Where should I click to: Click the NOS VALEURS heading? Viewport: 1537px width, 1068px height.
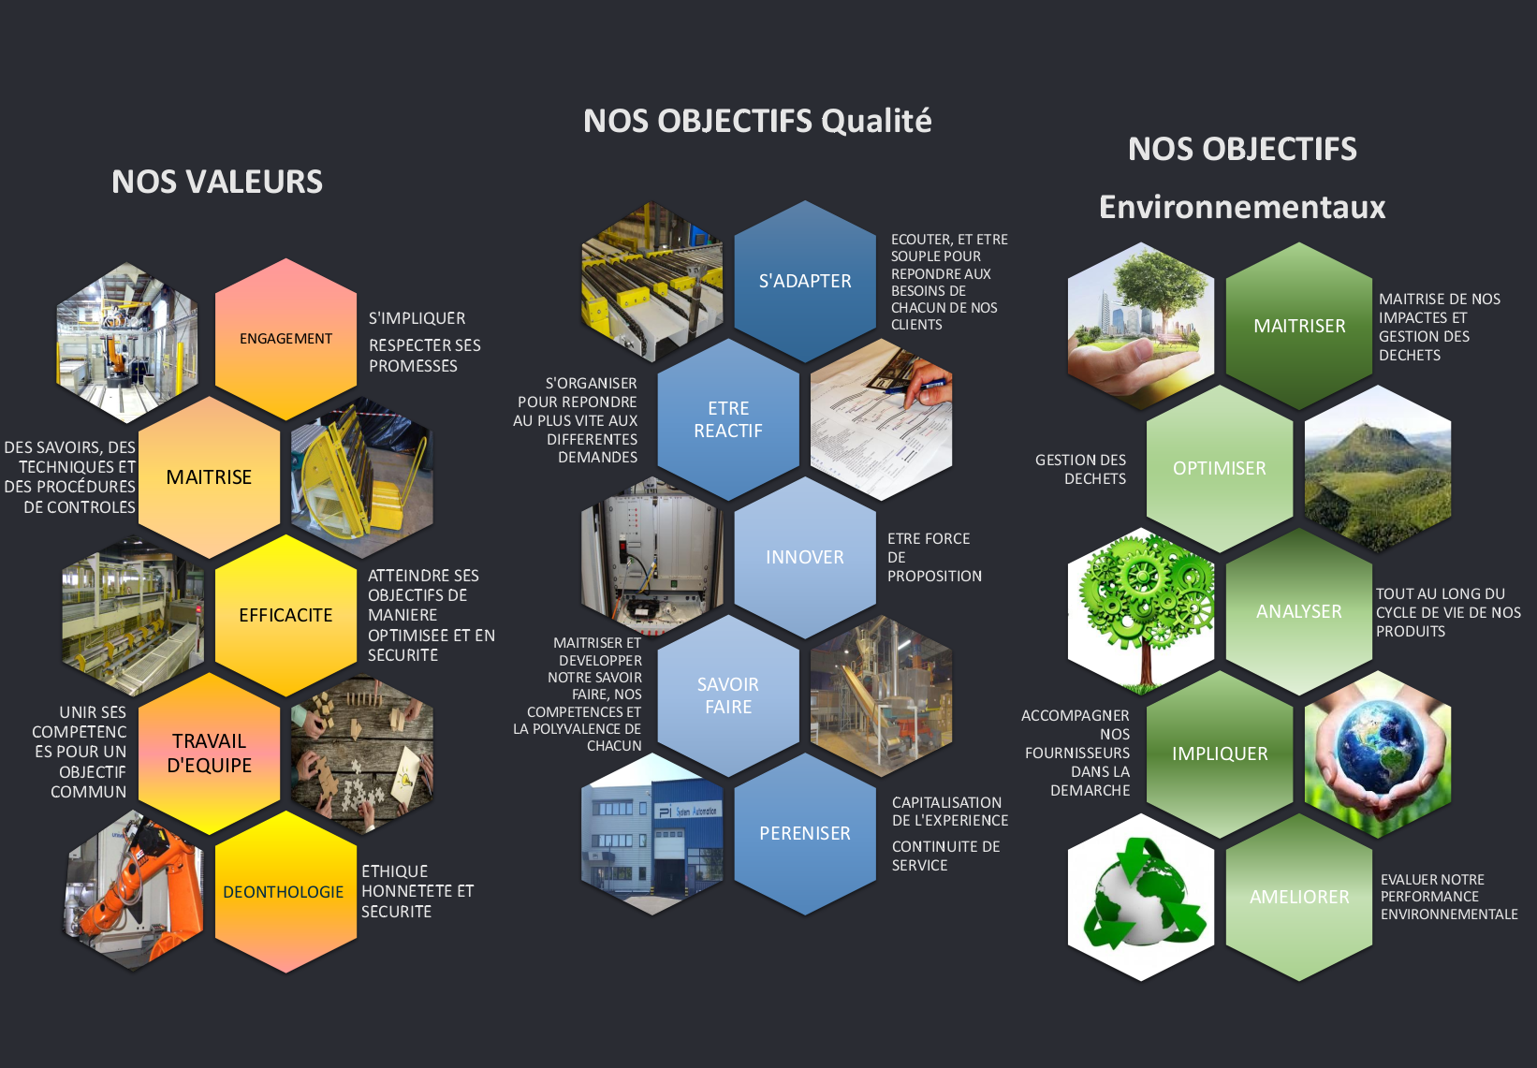click(217, 182)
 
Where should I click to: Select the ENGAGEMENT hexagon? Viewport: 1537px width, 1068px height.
click(286, 339)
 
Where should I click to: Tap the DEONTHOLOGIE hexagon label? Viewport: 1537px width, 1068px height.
click(284, 892)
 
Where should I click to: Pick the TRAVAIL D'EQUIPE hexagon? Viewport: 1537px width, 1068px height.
click(210, 753)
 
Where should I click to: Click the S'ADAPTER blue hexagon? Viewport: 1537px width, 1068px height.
click(805, 281)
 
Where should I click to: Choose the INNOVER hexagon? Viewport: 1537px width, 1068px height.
click(805, 557)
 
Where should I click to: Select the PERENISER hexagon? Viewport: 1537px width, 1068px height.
click(805, 833)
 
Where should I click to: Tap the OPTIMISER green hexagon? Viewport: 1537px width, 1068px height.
click(1220, 469)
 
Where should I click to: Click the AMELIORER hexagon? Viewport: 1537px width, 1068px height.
click(1299, 897)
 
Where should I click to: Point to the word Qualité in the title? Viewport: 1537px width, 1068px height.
click(876, 121)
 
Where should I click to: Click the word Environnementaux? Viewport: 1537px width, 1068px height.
click(1242, 207)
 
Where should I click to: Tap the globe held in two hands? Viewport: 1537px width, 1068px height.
click(1377, 753)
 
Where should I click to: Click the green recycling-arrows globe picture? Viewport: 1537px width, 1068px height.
click(1141, 898)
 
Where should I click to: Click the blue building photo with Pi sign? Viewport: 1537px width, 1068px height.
click(651, 834)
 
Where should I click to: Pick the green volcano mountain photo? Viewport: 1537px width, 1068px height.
click(1377, 469)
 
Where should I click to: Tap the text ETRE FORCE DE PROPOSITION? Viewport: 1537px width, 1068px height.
click(934, 558)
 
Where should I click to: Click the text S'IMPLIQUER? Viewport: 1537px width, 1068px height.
click(417, 318)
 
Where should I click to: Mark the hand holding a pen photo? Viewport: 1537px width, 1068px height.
click(881, 419)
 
